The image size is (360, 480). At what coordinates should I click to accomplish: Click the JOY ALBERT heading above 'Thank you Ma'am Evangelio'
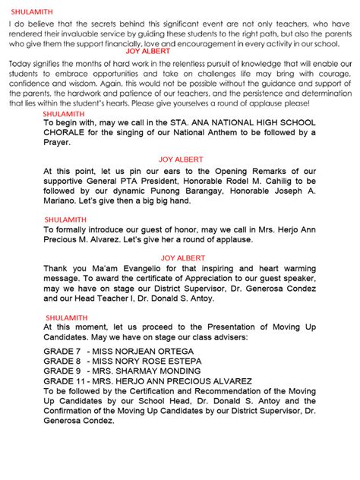[182, 258]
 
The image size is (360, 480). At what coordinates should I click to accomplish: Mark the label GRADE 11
[65, 381]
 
